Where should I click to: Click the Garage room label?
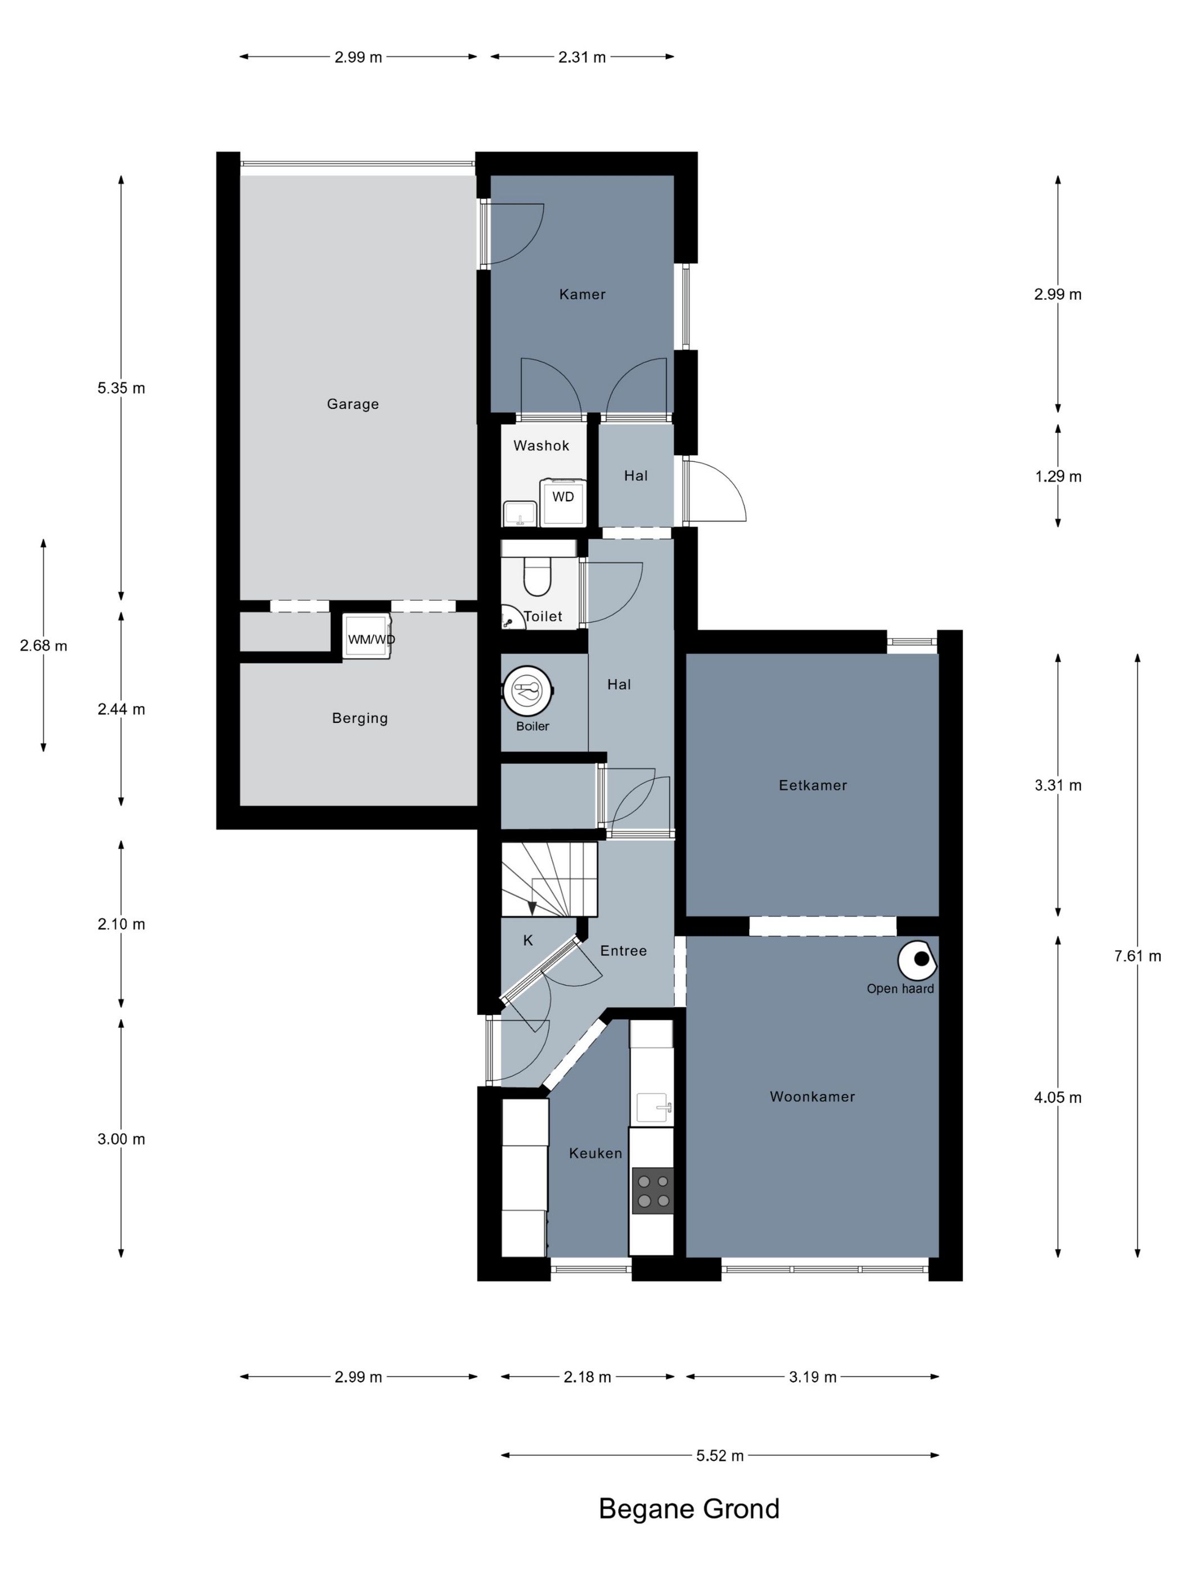click(x=353, y=404)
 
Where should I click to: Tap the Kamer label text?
click(x=582, y=294)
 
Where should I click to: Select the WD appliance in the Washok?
click(x=562, y=501)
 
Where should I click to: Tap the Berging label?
click(x=359, y=718)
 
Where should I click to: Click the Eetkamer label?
click(x=812, y=785)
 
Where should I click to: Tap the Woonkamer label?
click(x=812, y=1096)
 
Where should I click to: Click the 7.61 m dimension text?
click(x=1137, y=956)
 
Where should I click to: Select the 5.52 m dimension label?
click(x=719, y=1456)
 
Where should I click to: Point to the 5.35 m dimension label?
click(x=121, y=388)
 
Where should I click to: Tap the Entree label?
click(x=623, y=951)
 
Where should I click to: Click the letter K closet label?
click(x=528, y=940)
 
